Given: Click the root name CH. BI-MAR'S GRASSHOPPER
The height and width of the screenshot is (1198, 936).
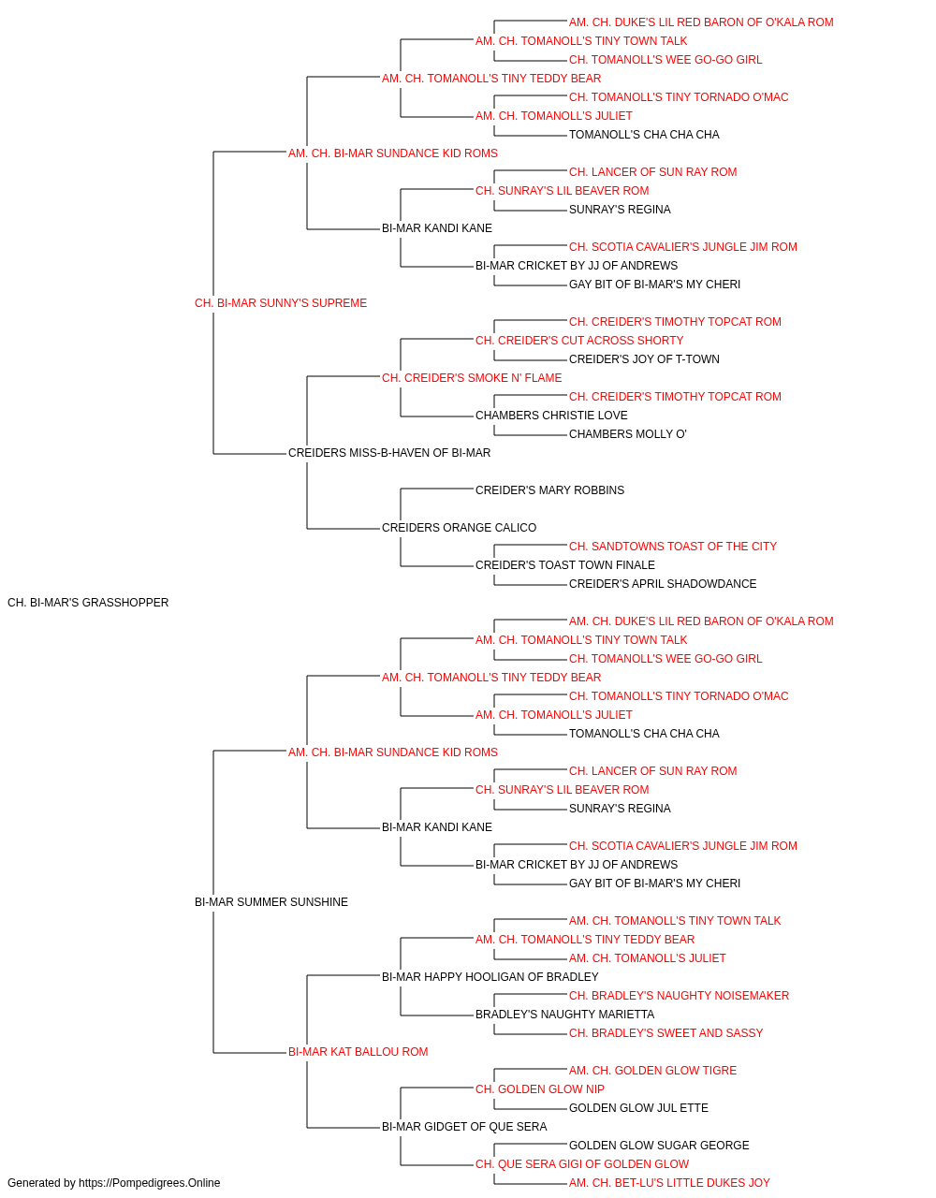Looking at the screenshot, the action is (88, 603).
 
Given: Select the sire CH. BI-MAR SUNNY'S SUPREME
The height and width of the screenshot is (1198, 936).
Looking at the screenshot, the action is (281, 303).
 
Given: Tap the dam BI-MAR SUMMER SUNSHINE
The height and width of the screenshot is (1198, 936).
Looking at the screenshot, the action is (271, 902).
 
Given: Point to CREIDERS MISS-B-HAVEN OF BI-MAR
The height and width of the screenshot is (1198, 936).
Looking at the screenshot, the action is (389, 453).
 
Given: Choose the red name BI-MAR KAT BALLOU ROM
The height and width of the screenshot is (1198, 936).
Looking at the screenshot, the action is (358, 1052).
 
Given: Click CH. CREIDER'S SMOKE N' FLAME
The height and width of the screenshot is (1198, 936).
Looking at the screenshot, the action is (472, 378).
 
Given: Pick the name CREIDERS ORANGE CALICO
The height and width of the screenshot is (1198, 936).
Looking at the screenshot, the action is (460, 528).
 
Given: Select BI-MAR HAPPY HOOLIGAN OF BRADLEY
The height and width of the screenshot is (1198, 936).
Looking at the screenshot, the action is (490, 977).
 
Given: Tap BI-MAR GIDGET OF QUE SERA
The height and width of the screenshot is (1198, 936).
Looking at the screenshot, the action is (464, 1127).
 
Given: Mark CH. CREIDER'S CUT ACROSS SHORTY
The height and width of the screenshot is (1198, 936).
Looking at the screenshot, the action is (579, 341).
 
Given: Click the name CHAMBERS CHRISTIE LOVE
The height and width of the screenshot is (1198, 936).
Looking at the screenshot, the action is (551, 416).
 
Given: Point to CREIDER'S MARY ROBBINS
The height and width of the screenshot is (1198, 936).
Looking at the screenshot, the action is (549, 490).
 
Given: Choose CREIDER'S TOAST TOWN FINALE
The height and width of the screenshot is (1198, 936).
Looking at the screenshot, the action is (565, 565).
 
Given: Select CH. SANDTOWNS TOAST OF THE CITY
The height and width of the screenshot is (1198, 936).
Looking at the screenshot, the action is (672, 547).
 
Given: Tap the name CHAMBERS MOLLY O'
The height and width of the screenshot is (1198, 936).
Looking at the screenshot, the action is (627, 434).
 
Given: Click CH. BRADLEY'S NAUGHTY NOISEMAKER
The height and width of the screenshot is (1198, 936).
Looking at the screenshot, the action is (679, 996).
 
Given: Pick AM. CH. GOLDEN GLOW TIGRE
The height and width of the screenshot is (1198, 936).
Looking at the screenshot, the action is (652, 1071).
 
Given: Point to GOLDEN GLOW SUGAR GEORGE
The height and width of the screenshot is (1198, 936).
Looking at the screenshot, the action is (659, 1146).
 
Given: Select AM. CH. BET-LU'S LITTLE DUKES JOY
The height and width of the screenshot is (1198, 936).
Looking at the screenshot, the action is (669, 1183).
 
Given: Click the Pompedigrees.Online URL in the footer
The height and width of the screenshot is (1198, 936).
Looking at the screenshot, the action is (150, 1183).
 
